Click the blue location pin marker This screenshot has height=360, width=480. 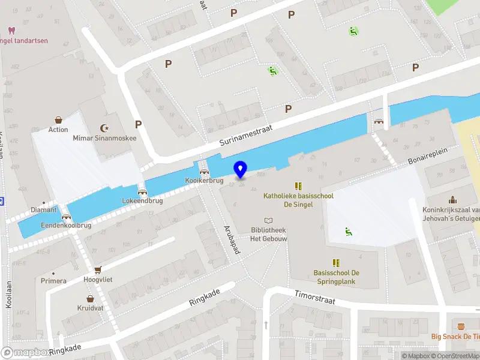coord(241,170)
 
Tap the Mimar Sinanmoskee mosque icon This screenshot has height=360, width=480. coord(106,128)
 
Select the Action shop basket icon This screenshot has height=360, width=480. coord(59,120)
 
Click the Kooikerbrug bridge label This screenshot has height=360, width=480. coord(204,181)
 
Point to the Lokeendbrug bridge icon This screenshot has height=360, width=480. coord(142,192)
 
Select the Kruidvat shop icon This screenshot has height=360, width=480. coord(90,298)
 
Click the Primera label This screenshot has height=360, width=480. coord(53,280)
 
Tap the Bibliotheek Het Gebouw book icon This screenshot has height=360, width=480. coord(268,221)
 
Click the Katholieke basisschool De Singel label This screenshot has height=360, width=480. coord(298,200)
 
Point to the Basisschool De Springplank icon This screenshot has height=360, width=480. coord(336,263)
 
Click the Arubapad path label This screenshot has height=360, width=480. coord(232,240)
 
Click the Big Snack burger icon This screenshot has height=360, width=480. coord(461,327)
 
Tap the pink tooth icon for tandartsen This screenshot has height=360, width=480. coord(10,31)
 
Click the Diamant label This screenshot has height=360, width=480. coord(43,210)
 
